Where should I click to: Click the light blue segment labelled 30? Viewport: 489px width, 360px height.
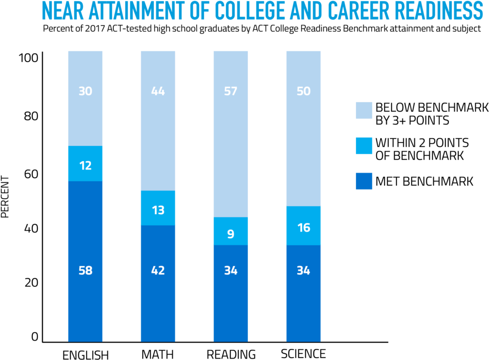85,98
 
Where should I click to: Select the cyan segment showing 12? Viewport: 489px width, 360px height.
85,164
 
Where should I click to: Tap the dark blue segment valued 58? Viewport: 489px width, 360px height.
85,262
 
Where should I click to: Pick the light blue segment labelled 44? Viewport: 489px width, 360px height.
158,121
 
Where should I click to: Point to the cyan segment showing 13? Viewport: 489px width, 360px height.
158,208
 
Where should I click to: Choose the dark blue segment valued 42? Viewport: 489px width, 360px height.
158,283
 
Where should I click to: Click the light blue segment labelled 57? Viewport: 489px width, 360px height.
230,134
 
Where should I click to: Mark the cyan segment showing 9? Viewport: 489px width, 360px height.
230,231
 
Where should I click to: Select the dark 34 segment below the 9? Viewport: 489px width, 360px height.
230,293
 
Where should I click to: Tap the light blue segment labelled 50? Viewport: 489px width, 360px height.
304,128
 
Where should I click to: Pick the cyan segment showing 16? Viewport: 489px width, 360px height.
304,226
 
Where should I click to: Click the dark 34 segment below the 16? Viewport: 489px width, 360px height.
304,293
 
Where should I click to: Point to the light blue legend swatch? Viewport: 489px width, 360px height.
364,110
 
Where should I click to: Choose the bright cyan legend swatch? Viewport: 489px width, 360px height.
364,146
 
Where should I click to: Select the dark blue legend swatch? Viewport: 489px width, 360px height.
364,181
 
